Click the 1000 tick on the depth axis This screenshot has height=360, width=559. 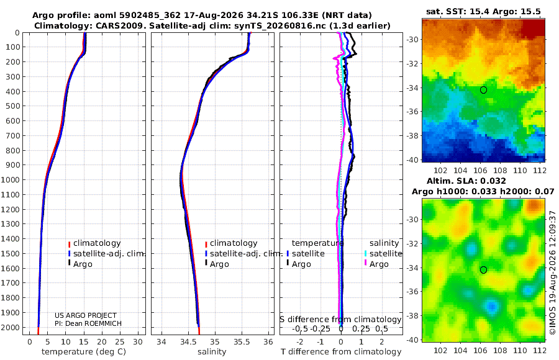(x=12, y=179)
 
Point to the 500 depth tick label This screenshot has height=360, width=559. (x=14, y=106)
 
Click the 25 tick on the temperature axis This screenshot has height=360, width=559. (x=120, y=341)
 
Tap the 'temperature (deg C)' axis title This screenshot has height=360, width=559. (x=84, y=351)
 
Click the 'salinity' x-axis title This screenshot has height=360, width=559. (x=212, y=351)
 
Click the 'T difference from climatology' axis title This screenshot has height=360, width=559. (x=341, y=351)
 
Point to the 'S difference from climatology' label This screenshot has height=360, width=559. (x=340, y=319)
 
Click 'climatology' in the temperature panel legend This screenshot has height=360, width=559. (x=97, y=243)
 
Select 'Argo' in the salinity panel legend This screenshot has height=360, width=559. (x=219, y=264)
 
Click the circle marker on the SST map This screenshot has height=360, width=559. (x=483, y=90)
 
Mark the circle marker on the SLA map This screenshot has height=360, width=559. (x=483, y=270)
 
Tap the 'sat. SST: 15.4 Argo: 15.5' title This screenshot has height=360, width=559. (x=483, y=11)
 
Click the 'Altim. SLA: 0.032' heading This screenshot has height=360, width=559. (x=466, y=181)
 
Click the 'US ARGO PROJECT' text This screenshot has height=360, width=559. (x=86, y=315)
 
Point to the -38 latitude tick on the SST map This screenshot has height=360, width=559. (x=413, y=135)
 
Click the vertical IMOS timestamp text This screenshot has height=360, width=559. (x=553, y=272)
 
